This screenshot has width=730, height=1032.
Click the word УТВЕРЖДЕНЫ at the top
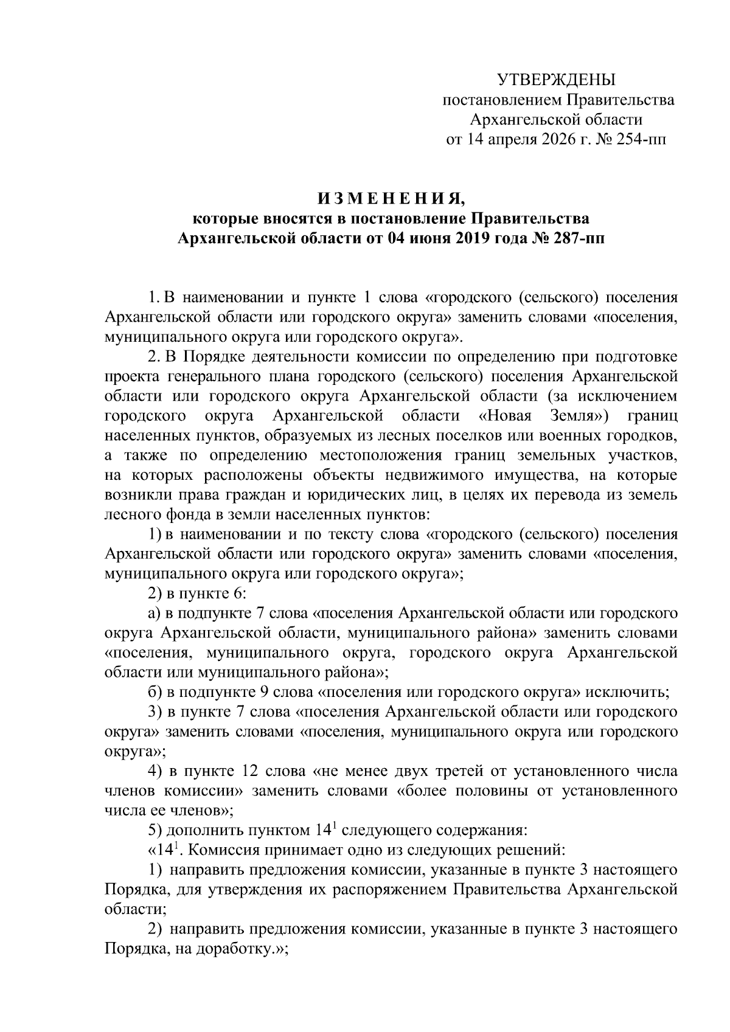point(557,80)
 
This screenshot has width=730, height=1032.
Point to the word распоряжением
point(389,890)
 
